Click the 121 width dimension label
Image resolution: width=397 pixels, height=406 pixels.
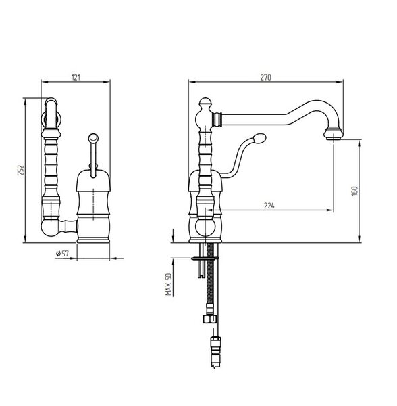point(76,77)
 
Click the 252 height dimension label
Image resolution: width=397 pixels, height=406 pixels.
point(21,170)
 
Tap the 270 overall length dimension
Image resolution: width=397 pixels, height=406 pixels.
point(265,77)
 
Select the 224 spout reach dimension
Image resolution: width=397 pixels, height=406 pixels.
point(269,206)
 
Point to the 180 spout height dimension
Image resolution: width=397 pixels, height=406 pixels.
point(354,191)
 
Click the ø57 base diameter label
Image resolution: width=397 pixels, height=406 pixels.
point(63,254)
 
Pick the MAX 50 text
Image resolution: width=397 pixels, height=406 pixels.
point(169,284)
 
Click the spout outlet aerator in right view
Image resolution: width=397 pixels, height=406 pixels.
point(334,134)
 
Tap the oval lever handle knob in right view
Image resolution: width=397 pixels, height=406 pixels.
point(259,138)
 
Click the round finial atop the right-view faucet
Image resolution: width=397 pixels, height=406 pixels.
point(205,102)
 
